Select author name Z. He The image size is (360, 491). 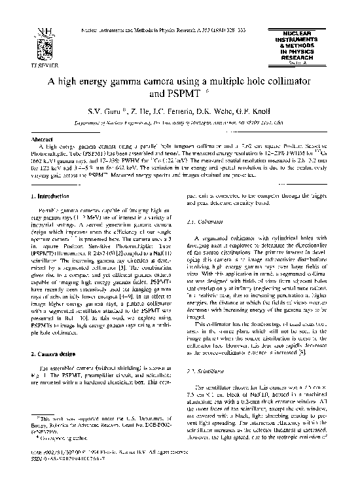click(x=134, y=113)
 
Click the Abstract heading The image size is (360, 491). click(x=42, y=139)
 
